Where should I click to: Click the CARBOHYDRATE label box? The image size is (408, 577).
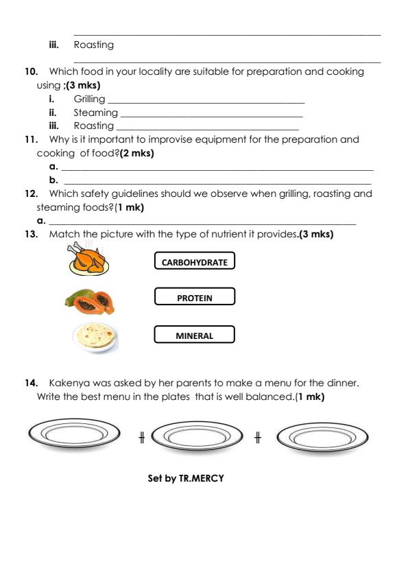[195, 261]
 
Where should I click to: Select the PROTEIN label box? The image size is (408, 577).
[195, 298]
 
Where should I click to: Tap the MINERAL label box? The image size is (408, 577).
[195, 335]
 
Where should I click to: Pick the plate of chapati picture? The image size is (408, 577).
[95, 337]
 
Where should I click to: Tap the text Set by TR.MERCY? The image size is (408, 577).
[186, 478]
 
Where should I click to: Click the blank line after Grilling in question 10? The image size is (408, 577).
[206, 101]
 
